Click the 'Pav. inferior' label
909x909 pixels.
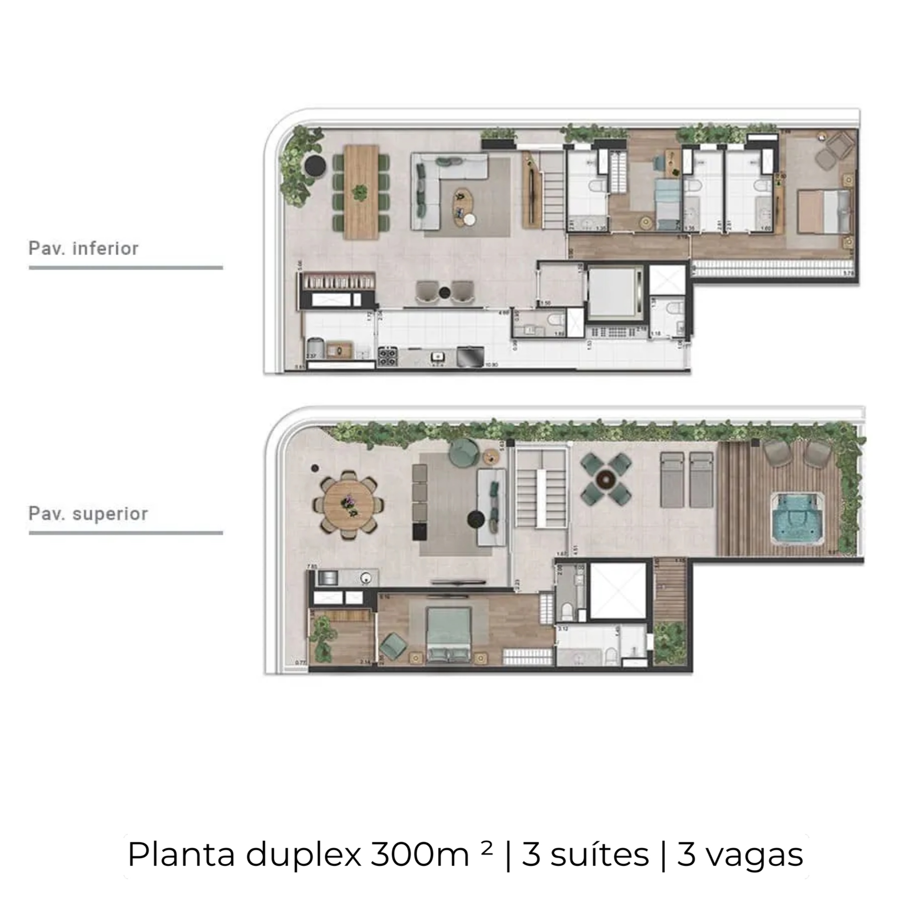pos(83,249)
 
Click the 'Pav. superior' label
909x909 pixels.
pos(88,513)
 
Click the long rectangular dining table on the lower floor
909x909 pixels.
pos(361,192)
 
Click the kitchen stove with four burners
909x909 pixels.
pos(388,356)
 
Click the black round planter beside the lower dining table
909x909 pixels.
pos(315,165)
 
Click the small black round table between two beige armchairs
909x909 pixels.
pos(444,293)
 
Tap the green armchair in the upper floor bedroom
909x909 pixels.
pos(392,644)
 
